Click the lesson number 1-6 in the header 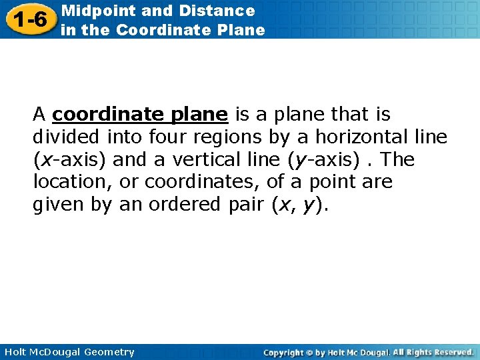coord(29,19)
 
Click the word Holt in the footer coord(14,352)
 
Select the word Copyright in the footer coord(283,352)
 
